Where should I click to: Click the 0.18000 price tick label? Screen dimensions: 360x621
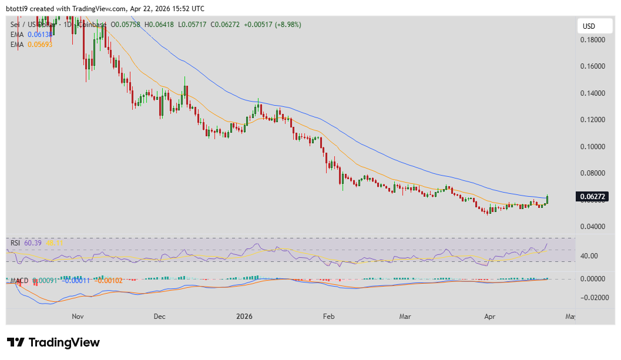tap(592, 40)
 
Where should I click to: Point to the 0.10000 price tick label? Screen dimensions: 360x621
tap(592, 146)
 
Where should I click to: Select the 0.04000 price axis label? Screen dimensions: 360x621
tap(592, 226)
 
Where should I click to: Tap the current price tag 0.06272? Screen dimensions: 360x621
tap(592, 197)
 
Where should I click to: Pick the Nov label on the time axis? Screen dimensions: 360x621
tap(78, 317)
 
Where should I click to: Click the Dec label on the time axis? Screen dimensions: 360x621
tap(159, 317)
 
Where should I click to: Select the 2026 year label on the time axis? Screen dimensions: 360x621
tap(244, 317)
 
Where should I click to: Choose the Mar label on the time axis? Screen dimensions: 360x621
tap(405, 317)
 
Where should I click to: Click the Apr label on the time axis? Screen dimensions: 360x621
tap(489, 317)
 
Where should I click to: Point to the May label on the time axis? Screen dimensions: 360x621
tap(570, 317)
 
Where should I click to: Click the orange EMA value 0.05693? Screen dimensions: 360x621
tap(40, 45)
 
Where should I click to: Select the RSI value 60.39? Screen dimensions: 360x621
tap(34, 243)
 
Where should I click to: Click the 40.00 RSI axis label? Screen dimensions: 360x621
tap(589, 255)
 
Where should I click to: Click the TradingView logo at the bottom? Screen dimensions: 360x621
tap(53, 342)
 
